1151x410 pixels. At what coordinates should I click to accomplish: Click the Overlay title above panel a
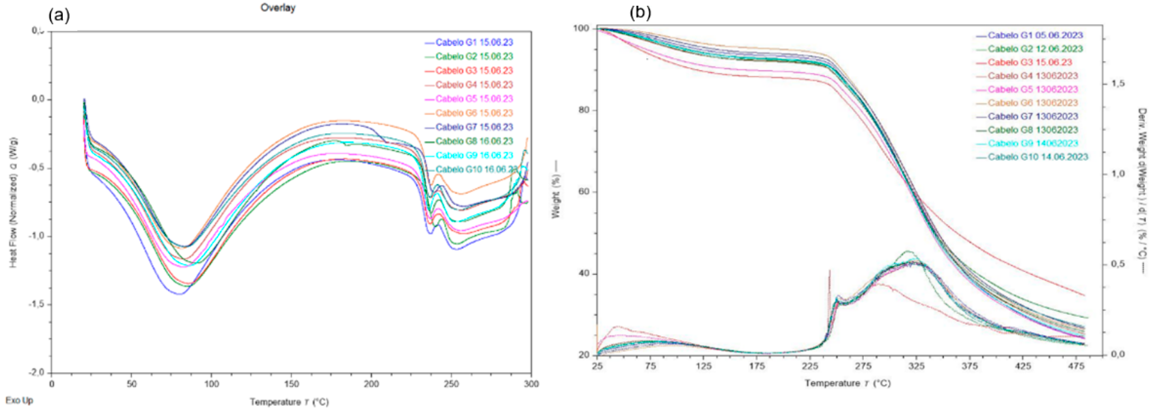click(x=278, y=8)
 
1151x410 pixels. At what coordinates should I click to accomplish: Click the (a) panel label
click(x=59, y=16)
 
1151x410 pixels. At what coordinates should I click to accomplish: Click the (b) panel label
click(x=640, y=13)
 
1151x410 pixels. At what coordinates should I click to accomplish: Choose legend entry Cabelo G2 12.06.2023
click(x=1035, y=49)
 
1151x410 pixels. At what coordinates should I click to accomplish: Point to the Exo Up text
click(x=19, y=400)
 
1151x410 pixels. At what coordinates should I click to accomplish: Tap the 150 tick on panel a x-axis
click(x=291, y=384)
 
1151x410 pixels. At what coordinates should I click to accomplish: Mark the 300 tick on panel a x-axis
click(x=530, y=384)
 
